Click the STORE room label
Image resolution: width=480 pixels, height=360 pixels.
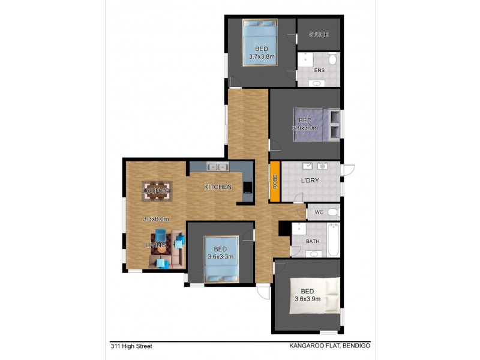319,34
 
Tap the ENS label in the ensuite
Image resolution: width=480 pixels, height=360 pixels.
319,70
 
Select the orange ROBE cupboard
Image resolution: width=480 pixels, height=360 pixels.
275,182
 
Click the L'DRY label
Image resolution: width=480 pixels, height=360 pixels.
310,181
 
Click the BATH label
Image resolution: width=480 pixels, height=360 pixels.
312,242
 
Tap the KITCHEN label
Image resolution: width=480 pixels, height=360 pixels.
218,187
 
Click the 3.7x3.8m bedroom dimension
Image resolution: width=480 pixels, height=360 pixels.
262,57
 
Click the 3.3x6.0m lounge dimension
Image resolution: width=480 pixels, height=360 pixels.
155,219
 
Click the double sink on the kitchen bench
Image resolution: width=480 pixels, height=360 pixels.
216,167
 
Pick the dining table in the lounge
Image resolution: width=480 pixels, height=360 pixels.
157,191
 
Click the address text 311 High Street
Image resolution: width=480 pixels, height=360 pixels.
131,346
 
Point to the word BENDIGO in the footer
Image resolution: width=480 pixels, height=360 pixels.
356,346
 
